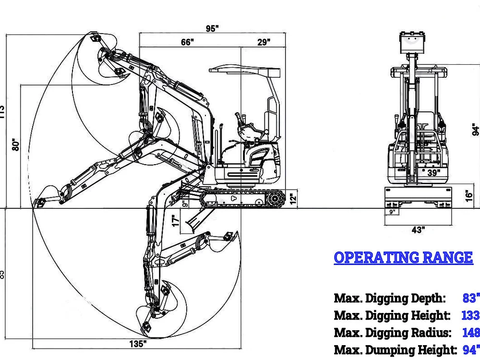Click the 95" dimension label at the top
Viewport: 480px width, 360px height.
[x=212, y=28]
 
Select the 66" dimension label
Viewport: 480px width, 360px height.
[x=187, y=42]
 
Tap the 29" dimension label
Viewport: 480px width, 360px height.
[x=264, y=42]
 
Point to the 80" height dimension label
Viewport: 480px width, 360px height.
[x=16, y=145]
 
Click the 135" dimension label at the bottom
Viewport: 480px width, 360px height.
[x=138, y=344]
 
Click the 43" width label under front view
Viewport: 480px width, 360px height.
[x=418, y=230]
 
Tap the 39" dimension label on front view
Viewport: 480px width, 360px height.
[x=433, y=173]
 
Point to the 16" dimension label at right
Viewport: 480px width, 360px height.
[x=470, y=195]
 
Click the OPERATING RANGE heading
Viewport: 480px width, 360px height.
[x=403, y=258]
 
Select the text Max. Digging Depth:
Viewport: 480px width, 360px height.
[x=390, y=299]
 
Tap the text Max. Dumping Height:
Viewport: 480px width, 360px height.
[x=395, y=350]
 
